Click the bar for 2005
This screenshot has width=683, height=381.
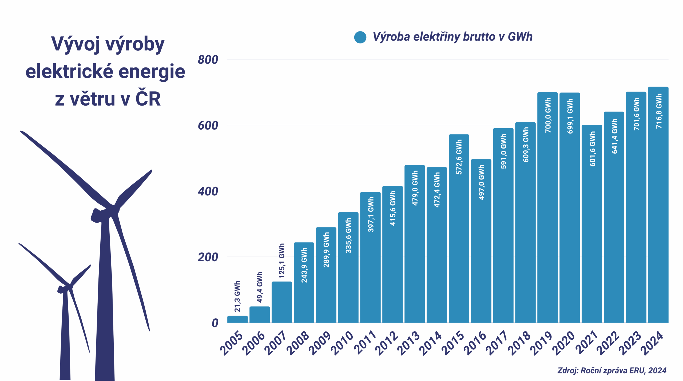tap(237, 319)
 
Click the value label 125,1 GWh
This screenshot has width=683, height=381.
tap(282, 261)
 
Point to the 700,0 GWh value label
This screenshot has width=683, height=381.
tap(548, 115)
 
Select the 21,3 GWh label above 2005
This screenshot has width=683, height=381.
tap(237, 296)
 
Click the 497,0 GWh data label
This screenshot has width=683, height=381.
tap(481, 182)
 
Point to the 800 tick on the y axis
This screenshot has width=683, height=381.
tap(208, 60)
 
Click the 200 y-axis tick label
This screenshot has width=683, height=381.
tap(208, 257)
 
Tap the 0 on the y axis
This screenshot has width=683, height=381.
tap(215, 323)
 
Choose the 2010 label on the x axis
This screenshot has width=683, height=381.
tap(342, 343)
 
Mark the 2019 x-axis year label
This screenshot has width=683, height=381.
tap(541, 343)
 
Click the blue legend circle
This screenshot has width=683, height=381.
tap(360, 37)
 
